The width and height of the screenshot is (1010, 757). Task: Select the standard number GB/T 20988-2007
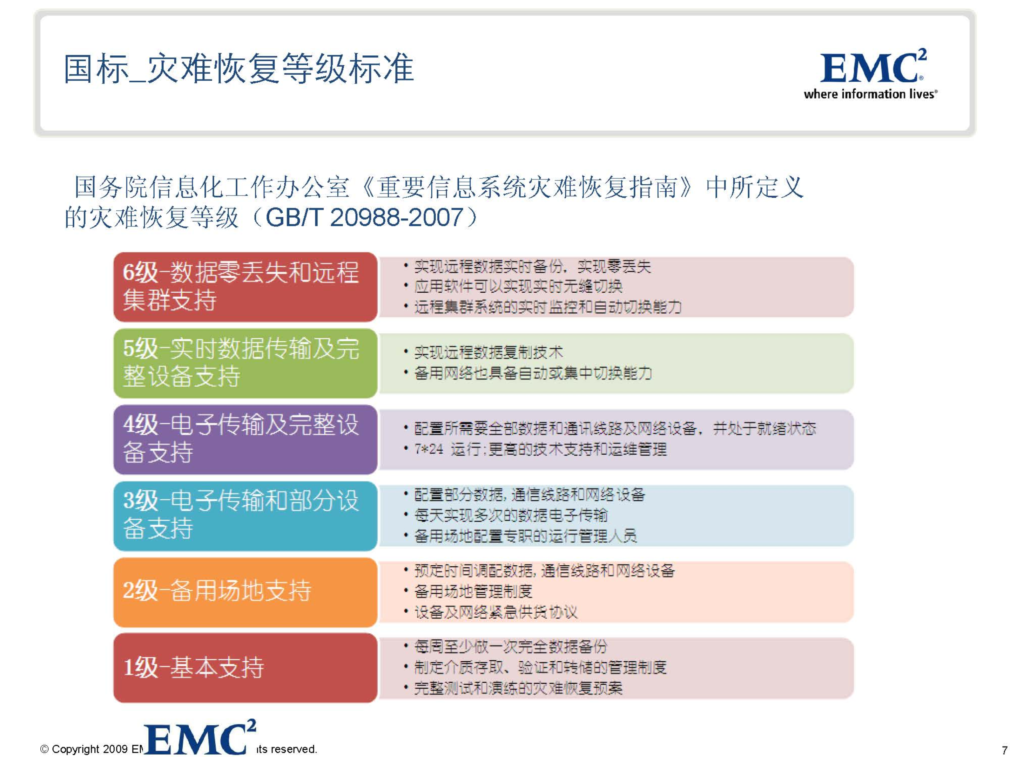(x=364, y=217)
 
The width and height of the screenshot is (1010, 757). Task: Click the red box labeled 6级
(x=245, y=287)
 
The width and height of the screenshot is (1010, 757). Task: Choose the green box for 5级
(x=245, y=363)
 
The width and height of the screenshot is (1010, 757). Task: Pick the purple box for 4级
(x=245, y=439)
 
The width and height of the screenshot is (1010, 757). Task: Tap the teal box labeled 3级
(x=245, y=515)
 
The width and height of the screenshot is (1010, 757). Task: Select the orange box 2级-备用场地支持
(x=245, y=591)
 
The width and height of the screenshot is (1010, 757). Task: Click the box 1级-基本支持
(x=245, y=668)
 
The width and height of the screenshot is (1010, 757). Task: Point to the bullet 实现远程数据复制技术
(x=488, y=352)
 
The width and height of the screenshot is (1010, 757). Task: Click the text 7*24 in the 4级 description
(x=428, y=449)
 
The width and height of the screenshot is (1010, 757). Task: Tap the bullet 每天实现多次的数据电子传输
(x=511, y=515)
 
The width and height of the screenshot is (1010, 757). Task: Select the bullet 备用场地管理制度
(x=473, y=591)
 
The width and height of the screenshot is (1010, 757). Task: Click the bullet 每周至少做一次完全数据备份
(x=511, y=647)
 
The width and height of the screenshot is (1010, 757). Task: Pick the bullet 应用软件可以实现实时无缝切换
(x=518, y=287)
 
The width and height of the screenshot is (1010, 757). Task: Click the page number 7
(x=1004, y=750)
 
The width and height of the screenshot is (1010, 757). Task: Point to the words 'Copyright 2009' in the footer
(x=89, y=749)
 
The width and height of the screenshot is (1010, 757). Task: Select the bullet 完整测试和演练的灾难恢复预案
(x=518, y=688)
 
